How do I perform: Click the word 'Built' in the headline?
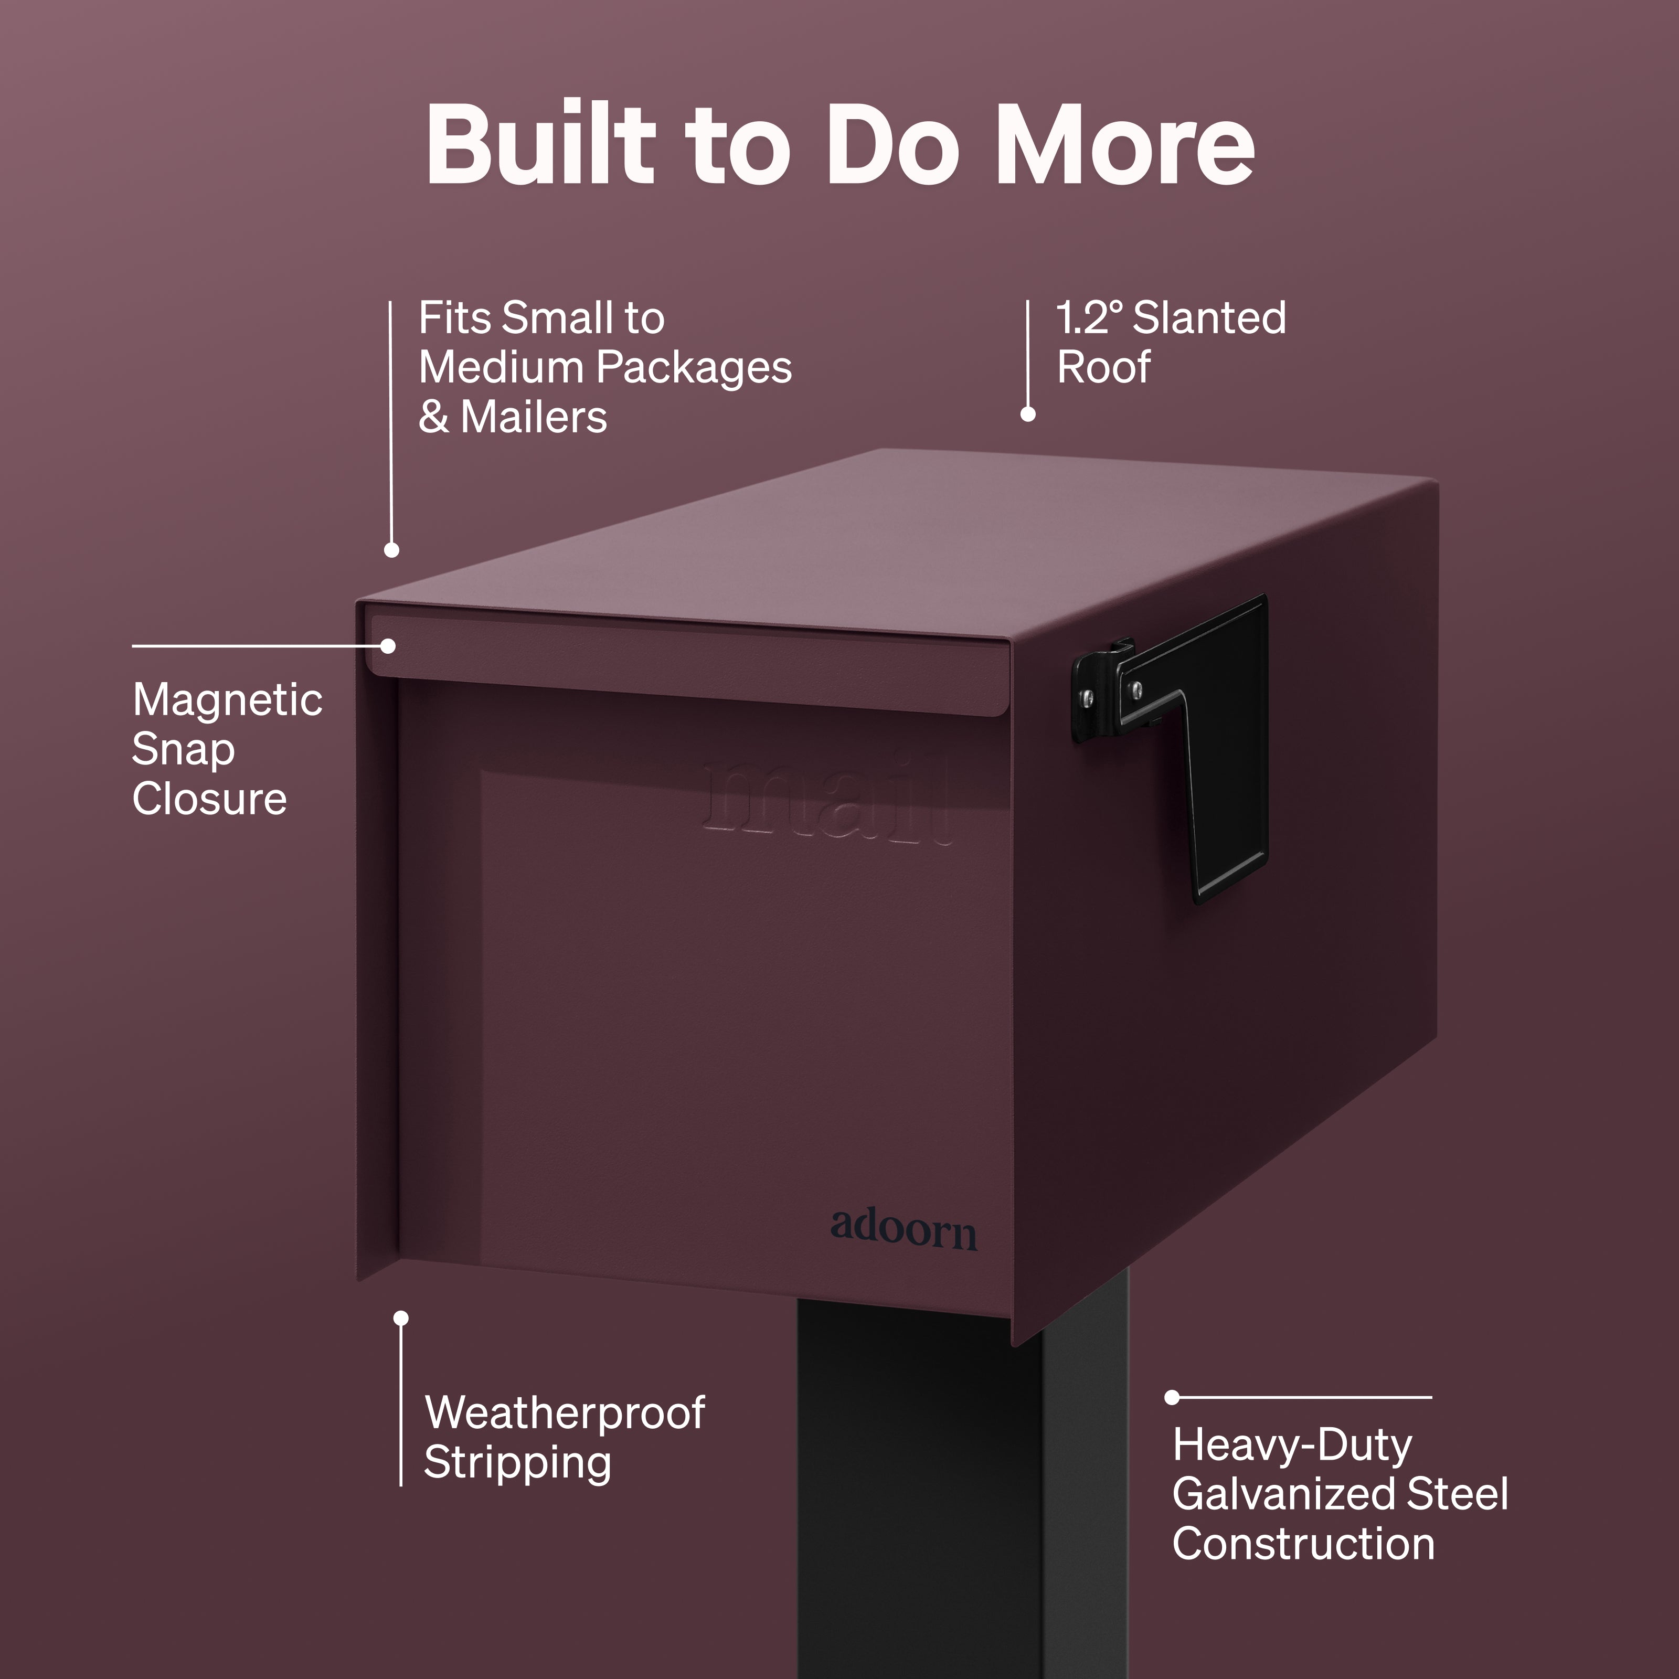click(540, 143)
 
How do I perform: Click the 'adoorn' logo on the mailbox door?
click(904, 1229)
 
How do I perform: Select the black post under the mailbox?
click(963, 1491)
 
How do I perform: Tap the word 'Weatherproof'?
click(565, 1413)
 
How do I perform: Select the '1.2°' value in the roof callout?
click(1090, 318)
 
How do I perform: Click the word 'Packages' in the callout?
click(694, 368)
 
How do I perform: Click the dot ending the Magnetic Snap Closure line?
click(388, 646)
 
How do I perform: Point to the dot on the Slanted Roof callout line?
click(1028, 415)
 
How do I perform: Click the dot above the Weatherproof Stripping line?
click(401, 1319)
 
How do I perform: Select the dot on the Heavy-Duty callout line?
click(1172, 1397)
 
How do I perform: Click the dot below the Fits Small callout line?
click(392, 550)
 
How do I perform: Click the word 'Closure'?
click(209, 799)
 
